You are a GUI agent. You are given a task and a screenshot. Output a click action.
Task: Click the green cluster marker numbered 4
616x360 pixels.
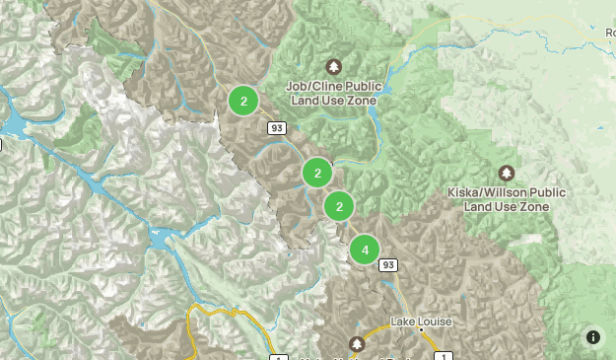pos(365,250)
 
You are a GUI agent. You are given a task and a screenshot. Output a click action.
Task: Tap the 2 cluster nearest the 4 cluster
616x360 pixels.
pos(339,206)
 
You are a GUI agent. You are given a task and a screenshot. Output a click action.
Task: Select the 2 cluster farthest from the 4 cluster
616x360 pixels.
pos(243,100)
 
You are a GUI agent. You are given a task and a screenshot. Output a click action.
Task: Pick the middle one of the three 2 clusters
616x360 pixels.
pos(317,174)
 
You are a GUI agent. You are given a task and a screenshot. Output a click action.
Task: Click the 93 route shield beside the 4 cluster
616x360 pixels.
pos(388,264)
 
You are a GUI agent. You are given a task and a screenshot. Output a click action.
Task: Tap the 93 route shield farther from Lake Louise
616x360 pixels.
pos(276,128)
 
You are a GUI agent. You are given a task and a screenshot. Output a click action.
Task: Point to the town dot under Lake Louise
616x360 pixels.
pos(421,331)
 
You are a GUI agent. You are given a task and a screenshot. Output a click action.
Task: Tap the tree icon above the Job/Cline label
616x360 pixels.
pos(335,67)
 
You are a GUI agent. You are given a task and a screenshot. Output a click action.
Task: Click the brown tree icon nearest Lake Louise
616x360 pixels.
pos(357,343)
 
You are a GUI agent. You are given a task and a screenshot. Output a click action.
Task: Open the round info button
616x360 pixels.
pos(593,336)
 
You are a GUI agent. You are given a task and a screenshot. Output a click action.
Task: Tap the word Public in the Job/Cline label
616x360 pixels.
pos(360,85)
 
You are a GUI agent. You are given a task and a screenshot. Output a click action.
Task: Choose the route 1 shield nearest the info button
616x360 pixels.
pos(446,356)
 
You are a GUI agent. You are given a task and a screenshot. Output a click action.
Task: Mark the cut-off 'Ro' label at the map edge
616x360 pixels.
pos(609,33)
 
